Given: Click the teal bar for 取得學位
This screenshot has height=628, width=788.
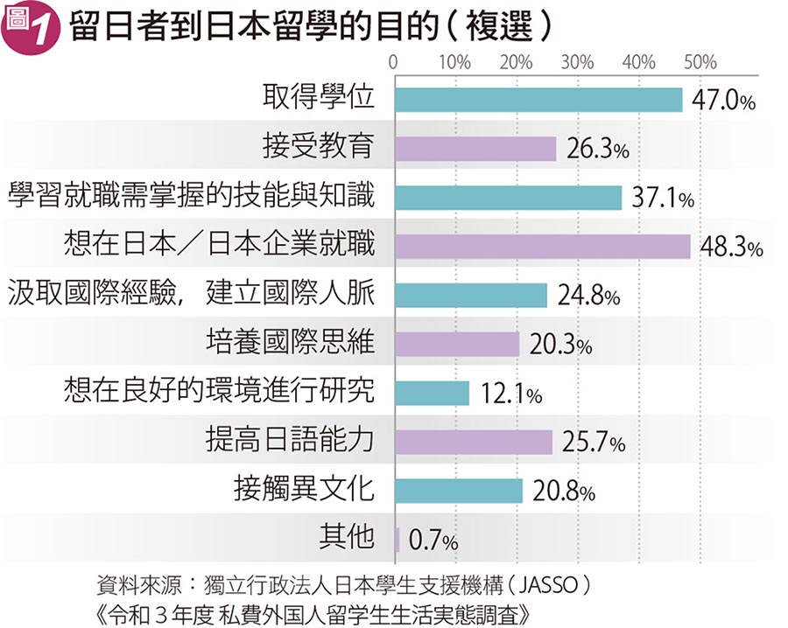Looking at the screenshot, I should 538,100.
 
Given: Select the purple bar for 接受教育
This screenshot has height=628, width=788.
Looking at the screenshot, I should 475,149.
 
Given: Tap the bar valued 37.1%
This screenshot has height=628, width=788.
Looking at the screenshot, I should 508,198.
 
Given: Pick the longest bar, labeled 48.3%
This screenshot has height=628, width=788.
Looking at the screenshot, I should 543,247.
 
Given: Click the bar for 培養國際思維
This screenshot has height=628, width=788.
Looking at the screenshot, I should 457,345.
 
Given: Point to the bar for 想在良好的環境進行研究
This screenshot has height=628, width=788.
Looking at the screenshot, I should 432,394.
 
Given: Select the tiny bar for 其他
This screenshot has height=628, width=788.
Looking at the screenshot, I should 398,541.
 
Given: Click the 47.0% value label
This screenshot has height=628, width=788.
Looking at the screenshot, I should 723,101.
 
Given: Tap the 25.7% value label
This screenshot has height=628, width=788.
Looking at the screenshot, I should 594,444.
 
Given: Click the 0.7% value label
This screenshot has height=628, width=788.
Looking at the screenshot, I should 433,542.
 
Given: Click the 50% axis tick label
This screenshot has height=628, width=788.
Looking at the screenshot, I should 700,62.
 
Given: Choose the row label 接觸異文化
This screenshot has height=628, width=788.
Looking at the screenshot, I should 304,490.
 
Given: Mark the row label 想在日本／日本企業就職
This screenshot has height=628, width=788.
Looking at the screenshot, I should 219,244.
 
